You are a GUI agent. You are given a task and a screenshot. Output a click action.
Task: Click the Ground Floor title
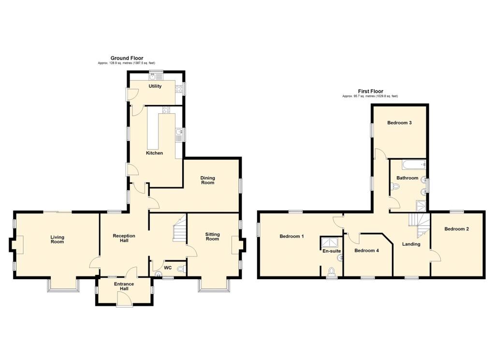(127, 58)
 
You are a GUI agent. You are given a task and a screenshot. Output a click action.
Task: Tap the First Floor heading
(370, 91)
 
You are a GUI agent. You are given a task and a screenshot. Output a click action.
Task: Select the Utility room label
(155, 86)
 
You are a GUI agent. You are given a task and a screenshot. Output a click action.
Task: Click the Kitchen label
(154, 153)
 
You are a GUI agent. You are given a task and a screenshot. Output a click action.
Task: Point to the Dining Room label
(207, 180)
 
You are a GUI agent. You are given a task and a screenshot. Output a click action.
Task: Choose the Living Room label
(57, 239)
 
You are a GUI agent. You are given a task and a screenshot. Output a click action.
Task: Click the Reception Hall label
(124, 238)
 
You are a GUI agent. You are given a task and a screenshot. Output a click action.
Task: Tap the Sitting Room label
(212, 237)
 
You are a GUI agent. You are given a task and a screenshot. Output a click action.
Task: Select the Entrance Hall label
(124, 286)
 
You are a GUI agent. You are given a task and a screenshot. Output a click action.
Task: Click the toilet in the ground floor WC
(181, 269)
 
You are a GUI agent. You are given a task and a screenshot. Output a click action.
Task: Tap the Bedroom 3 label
(399, 122)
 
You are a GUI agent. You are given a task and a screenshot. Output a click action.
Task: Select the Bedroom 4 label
(366, 251)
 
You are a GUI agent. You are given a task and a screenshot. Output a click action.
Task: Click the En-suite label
(332, 251)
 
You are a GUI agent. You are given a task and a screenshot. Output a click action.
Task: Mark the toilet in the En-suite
(332, 271)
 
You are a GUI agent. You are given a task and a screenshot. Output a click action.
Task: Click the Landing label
(411, 244)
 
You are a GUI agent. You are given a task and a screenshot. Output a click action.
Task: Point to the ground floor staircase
(179, 227)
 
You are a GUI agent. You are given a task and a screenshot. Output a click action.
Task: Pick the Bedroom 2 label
(456, 229)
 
